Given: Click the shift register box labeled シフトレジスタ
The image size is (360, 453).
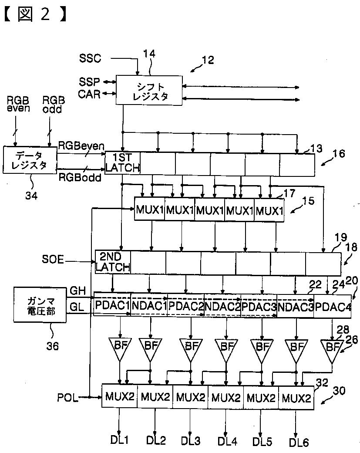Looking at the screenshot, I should pos(148,89).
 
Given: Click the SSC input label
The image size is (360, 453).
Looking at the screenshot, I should pos(90,58).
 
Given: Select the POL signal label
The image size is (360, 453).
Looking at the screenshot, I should pos(68,397).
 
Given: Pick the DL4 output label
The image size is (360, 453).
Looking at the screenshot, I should pos(227,441).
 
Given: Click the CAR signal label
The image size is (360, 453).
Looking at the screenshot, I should pos(89,94).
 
